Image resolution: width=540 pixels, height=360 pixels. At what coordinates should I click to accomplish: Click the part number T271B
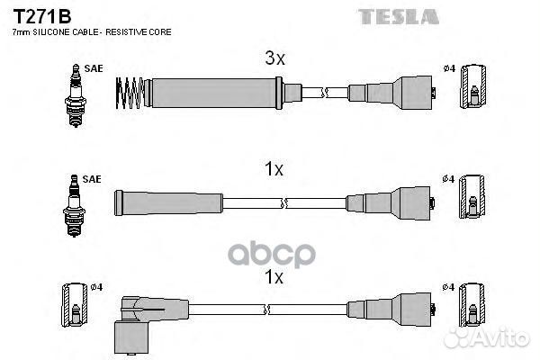(42, 16)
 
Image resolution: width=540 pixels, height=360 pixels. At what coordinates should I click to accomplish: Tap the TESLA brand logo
(399, 17)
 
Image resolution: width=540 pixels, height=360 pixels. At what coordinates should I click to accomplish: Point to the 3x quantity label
(274, 58)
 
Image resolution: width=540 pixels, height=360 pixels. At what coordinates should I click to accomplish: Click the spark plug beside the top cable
(76, 95)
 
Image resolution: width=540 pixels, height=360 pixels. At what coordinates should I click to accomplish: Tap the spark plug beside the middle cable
(74, 206)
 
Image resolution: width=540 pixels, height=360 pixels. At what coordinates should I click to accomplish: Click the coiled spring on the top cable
(130, 93)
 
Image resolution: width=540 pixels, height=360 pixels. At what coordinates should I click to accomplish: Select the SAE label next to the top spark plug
(94, 68)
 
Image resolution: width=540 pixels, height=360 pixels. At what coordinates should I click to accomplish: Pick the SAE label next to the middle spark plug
(92, 179)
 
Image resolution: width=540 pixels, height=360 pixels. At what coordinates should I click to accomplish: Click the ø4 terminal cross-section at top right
(473, 86)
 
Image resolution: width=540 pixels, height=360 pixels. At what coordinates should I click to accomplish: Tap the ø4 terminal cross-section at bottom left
(75, 305)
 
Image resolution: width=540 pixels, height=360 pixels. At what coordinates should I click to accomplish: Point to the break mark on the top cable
(325, 93)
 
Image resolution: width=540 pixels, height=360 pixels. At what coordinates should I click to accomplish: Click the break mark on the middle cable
(284, 202)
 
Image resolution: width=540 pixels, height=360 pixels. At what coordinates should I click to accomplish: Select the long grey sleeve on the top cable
(214, 93)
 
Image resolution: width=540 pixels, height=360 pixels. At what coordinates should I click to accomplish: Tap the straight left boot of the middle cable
(169, 202)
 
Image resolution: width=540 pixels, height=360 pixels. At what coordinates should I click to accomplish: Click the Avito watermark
(486, 337)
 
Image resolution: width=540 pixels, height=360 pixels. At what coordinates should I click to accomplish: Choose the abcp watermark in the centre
(272, 255)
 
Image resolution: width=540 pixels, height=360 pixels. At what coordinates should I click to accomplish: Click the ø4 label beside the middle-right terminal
(448, 179)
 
